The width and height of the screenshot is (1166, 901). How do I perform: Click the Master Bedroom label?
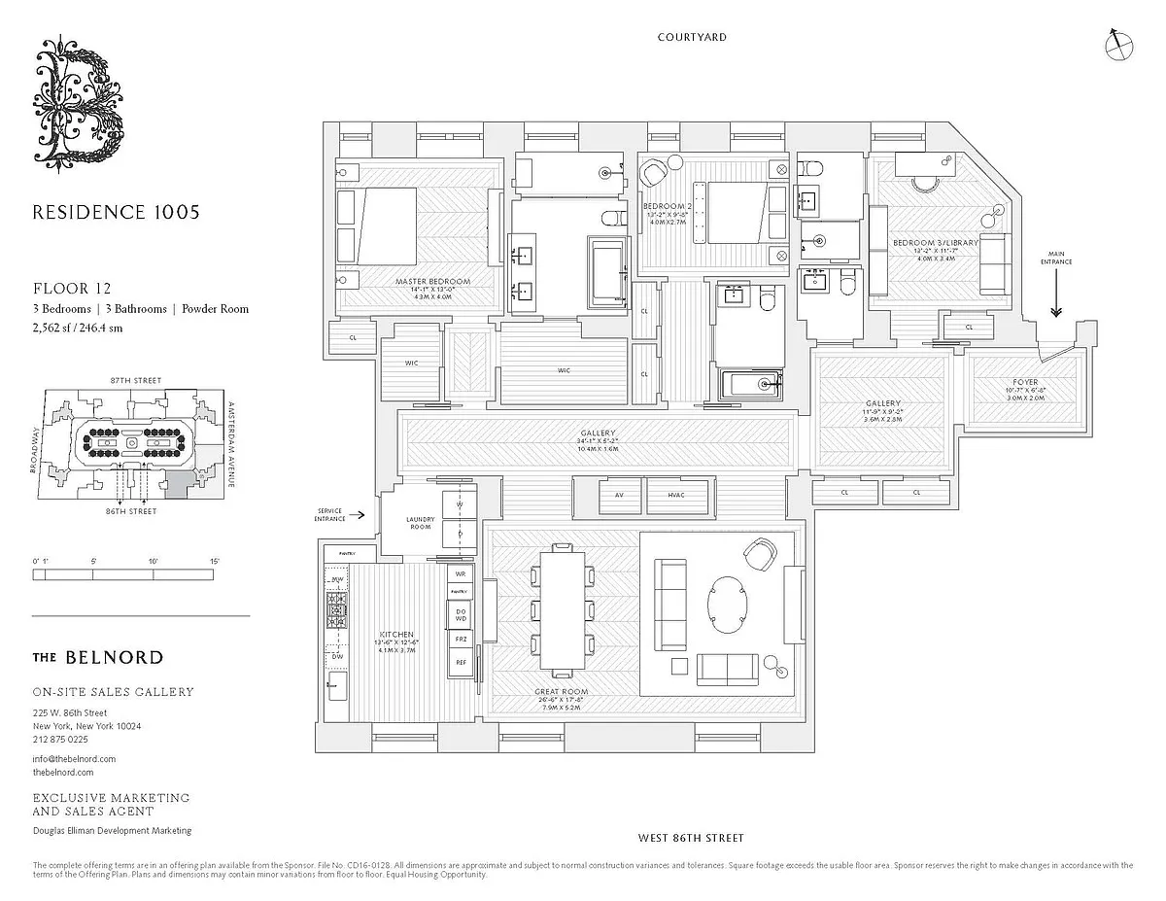click(432, 282)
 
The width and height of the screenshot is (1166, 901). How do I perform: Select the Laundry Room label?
click(421, 523)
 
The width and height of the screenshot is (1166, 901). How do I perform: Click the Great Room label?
click(562, 692)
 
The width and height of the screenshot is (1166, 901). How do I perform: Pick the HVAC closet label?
click(677, 495)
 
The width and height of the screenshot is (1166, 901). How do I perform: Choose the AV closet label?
click(619, 495)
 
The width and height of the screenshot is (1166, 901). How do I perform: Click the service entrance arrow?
click(360, 516)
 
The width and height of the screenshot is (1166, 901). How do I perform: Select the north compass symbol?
click(1118, 43)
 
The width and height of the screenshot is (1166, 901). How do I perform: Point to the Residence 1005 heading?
click(116, 212)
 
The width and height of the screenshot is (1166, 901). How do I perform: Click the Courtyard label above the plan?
click(691, 37)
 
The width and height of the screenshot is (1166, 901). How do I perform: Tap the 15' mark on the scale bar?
click(215, 562)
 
